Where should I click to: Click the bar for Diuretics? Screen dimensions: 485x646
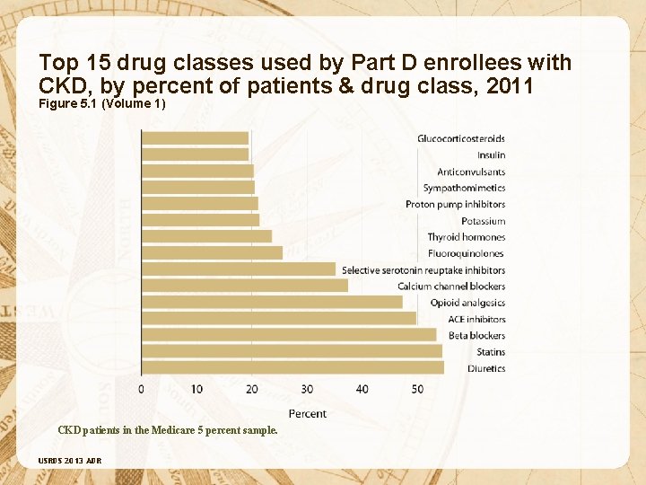click(x=292, y=367)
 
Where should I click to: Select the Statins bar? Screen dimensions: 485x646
click(x=292, y=351)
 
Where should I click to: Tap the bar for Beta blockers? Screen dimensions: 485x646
click(x=289, y=335)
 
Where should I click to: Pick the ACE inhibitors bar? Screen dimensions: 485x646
click(x=278, y=318)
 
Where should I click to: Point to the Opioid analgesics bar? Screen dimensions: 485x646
click(x=272, y=302)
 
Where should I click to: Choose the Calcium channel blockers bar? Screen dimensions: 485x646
click(x=245, y=286)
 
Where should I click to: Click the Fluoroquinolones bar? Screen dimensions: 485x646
click(x=212, y=253)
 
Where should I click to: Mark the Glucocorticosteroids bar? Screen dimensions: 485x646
click(x=195, y=138)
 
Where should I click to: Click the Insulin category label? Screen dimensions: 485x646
click(x=491, y=155)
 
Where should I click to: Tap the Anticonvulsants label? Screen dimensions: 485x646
click(x=471, y=172)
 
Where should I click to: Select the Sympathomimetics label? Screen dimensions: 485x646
click(x=464, y=188)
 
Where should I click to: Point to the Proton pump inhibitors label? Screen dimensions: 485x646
click(x=455, y=204)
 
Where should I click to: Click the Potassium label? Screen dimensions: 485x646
click(x=484, y=221)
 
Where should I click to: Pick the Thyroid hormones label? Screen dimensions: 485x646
click(x=467, y=237)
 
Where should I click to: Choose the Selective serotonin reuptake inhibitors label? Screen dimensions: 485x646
click(x=423, y=269)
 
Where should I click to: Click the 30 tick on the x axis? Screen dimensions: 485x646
click(x=307, y=389)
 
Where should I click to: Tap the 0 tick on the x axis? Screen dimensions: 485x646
click(x=141, y=389)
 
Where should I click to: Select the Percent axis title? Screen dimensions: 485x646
click(x=308, y=413)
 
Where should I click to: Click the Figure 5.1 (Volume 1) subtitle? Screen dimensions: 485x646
click(x=102, y=104)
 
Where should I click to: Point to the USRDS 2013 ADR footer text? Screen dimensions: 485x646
click(x=70, y=461)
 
